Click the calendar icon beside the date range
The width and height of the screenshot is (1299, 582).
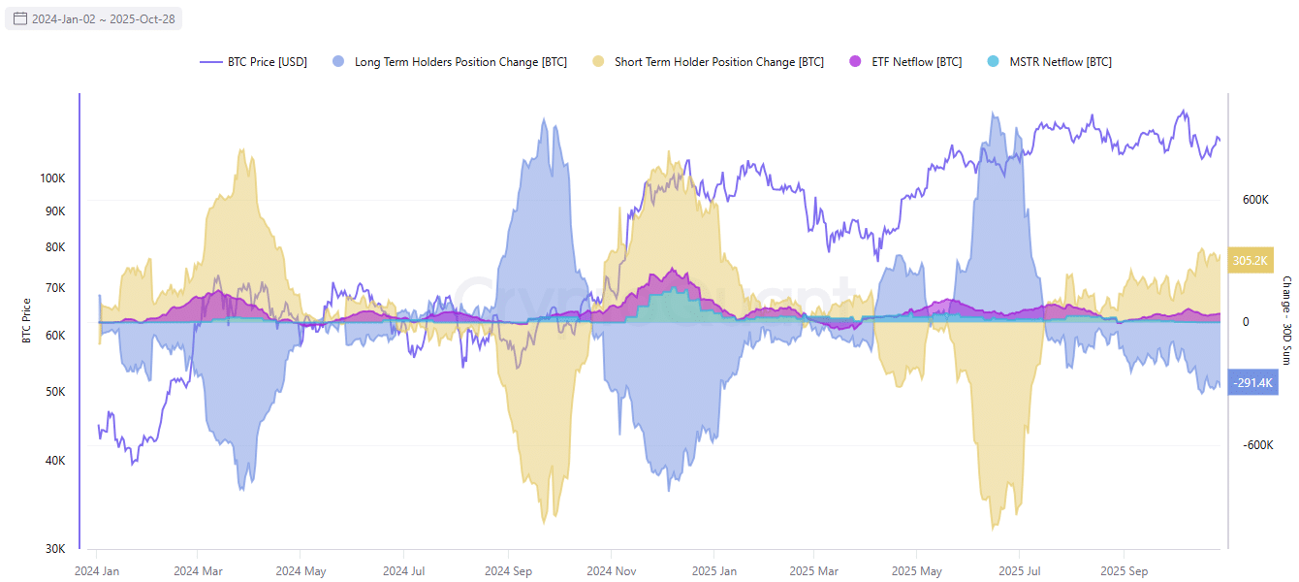(19, 18)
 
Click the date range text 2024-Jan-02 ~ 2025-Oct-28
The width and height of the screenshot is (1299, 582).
(103, 18)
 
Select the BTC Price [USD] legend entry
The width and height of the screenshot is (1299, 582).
(254, 62)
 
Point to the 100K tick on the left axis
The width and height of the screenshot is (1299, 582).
(52, 179)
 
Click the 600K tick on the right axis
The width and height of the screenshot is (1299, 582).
(1255, 200)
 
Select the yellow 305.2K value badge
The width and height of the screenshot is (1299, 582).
(1251, 261)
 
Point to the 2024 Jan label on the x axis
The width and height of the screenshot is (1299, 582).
(97, 571)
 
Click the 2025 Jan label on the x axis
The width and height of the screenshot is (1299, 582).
(714, 571)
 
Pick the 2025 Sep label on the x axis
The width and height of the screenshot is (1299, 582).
(1125, 571)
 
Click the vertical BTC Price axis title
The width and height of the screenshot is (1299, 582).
(27, 321)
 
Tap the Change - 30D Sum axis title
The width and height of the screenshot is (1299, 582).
(1286, 321)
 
